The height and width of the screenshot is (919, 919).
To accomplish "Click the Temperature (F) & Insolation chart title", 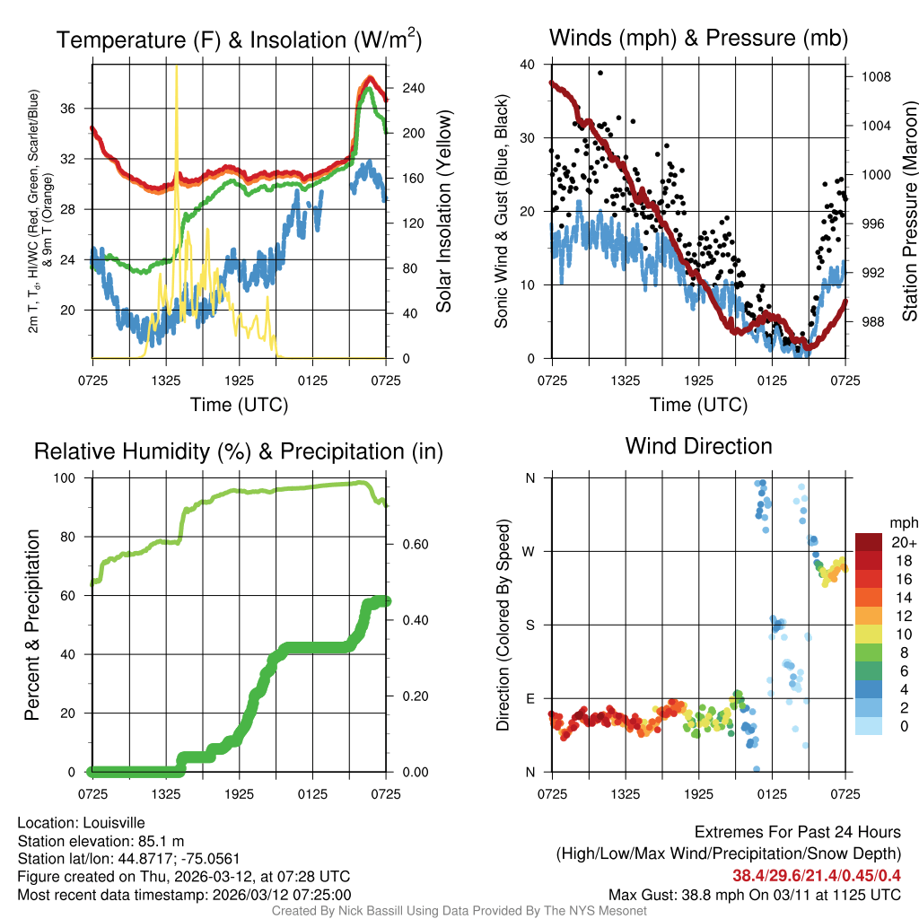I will (239, 40).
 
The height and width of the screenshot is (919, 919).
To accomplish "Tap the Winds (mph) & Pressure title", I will (698, 38).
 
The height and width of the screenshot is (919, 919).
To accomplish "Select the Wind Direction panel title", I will (698, 446).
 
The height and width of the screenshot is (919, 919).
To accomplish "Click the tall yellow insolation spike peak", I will (176, 67).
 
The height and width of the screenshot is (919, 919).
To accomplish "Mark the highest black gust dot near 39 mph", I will (600, 73).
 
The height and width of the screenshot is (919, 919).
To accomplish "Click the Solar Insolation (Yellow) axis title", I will (444, 212).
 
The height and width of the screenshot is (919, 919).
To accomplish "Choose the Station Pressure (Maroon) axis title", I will (909, 212).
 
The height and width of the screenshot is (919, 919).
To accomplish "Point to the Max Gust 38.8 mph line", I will (754, 894).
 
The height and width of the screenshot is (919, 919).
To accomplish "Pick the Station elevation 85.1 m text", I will (101, 841).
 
